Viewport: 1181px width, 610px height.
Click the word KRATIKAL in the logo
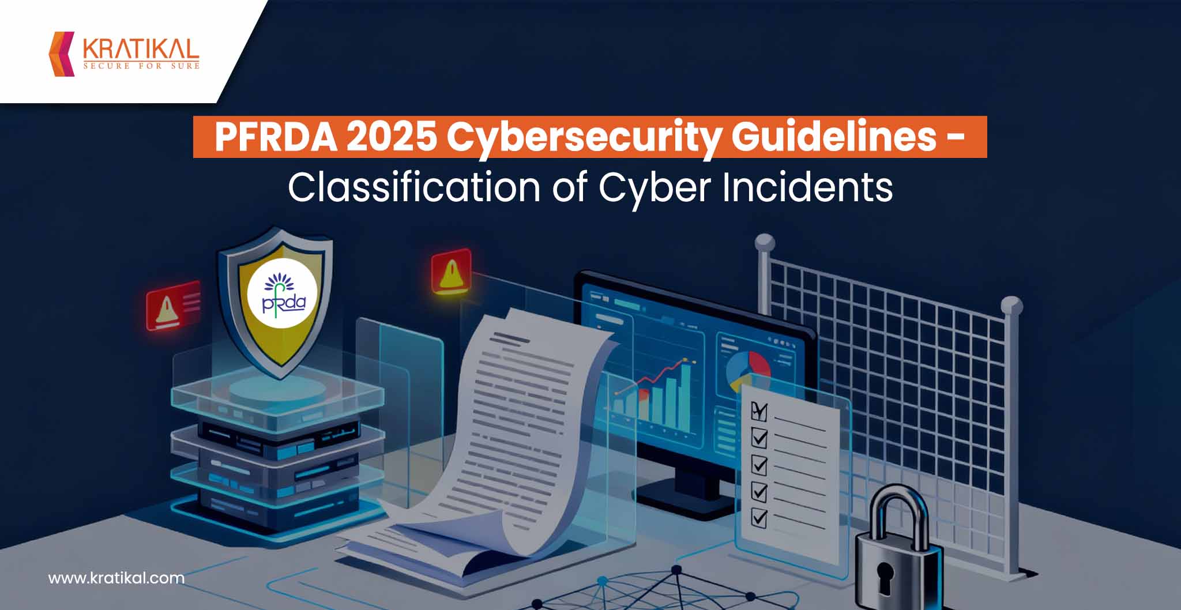(x=141, y=49)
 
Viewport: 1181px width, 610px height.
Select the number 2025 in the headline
(x=392, y=137)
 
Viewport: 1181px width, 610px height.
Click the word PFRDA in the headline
(x=276, y=137)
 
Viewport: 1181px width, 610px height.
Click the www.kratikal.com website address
(x=116, y=578)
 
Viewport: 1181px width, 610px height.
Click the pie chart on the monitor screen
(x=748, y=368)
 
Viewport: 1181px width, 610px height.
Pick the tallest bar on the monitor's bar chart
(x=685, y=398)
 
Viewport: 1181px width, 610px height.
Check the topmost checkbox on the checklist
(x=758, y=411)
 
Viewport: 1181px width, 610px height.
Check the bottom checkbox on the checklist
(x=759, y=517)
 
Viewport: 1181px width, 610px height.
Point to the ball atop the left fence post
(x=765, y=242)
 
